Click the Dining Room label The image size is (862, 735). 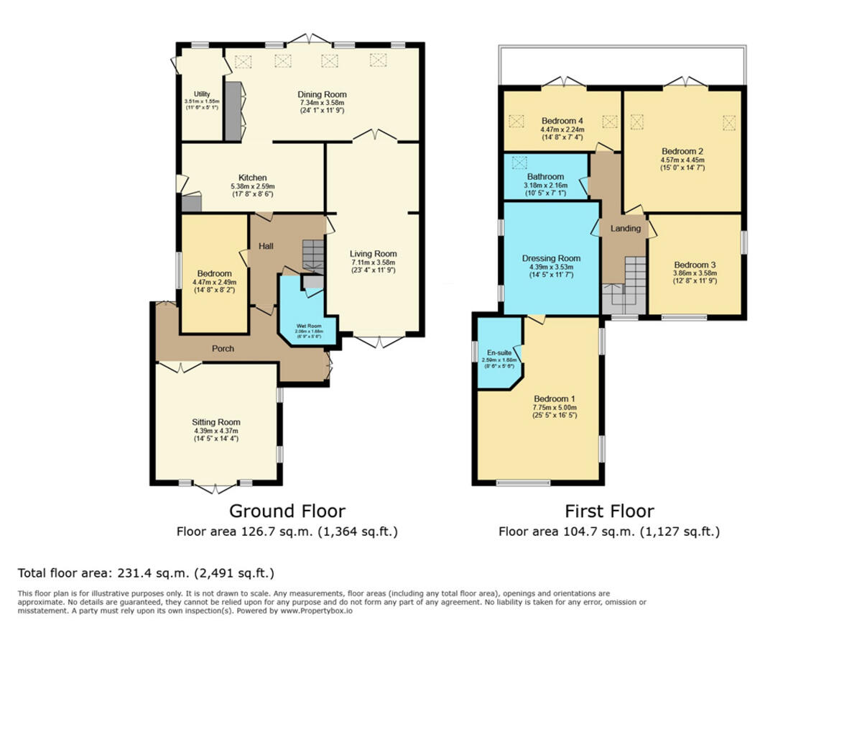[322, 94]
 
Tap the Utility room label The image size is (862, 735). [201, 94]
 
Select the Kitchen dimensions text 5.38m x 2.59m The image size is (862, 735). [252, 186]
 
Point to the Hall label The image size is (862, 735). [266, 246]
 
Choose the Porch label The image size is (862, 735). [223, 349]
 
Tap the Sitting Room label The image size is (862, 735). [215, 422]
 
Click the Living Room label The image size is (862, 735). [373, 254]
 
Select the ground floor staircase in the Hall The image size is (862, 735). [313, 255]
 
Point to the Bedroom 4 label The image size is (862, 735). [562, 121]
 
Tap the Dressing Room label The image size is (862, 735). [551, 258]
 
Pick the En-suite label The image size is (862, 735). [499, 353]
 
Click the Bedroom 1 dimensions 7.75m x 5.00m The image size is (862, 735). [554, 407]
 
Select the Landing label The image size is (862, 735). [625, 229]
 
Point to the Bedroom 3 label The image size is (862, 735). [694, 265]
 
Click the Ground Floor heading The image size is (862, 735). [287, 511]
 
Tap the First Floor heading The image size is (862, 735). [608, 511]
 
